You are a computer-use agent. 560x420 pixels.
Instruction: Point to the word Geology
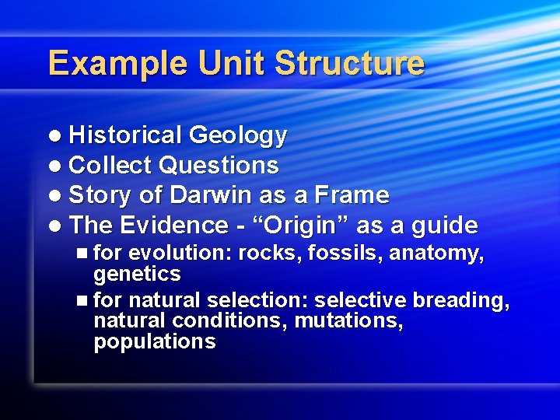pyautogui.click(x=237, y=135)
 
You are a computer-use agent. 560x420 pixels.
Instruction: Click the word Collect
pyautogui.click(x=110, y=165)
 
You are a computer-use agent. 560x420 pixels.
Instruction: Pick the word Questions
pyautogui.click(x=218, y=165)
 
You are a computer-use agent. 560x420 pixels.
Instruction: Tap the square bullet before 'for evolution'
pyautogui.click(x=83, y=254)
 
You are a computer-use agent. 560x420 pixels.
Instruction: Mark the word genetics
pyautogui.click(x=137, y=274)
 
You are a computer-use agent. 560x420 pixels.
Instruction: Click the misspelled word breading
pyautogui.click(x=461, y=301)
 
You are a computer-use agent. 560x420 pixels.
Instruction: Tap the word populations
pyautogui.click(x=154, y=342)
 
